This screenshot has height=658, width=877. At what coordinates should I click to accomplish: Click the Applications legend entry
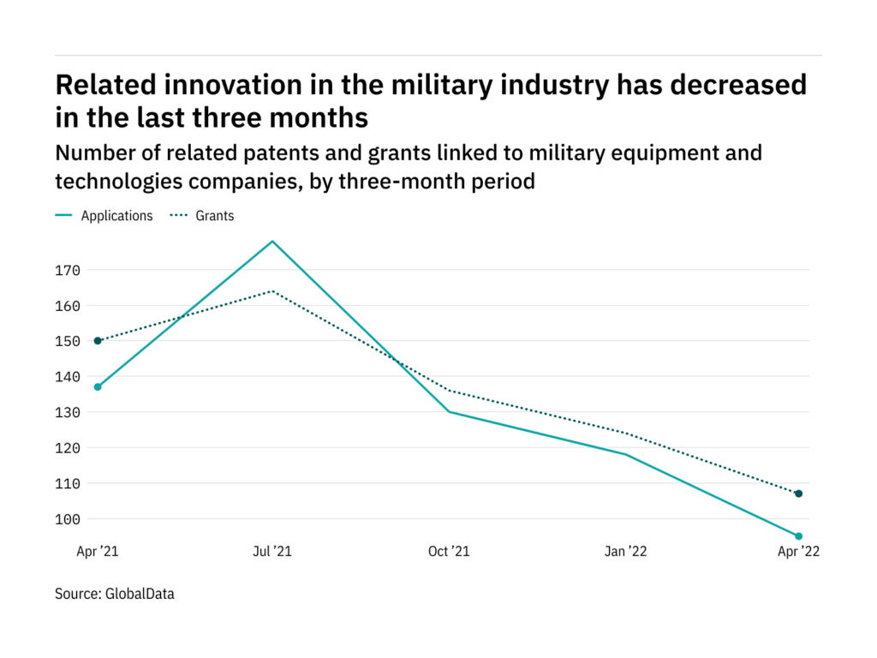pos(104,216)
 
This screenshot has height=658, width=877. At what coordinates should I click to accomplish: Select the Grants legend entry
pos(202,216)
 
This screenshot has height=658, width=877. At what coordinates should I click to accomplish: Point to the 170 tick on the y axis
pos(68,271)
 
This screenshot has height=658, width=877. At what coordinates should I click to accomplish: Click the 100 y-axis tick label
pos(68,519)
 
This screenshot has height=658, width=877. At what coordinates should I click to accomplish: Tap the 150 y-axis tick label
pos(68,341)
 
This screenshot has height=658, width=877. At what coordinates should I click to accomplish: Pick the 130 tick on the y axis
pos(68,412)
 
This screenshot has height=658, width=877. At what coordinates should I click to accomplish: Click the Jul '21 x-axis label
pos(272,552)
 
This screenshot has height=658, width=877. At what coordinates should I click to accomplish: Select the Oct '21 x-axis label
pos(449,552)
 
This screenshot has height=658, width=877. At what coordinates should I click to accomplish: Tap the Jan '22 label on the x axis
pos(625,552)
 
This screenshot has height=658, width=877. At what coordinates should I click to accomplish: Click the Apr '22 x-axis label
pos(799,552)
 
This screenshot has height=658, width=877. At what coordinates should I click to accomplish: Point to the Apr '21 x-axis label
pos(98,552)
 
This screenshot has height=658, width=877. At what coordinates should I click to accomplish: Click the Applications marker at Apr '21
pos(98,387)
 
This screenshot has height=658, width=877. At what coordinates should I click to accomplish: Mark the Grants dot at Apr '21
pos(98,341)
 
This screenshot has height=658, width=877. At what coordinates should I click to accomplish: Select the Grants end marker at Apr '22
pos(799,493)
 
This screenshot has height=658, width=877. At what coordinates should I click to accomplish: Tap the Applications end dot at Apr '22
pos(799,536)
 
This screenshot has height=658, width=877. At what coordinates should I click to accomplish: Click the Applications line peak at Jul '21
pos(272,241)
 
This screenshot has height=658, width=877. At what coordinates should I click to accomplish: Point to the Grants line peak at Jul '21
pos(272,291)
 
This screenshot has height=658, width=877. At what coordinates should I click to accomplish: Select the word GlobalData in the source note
pos(140,594)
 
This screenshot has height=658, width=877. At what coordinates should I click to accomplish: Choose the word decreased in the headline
pos(738,85)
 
